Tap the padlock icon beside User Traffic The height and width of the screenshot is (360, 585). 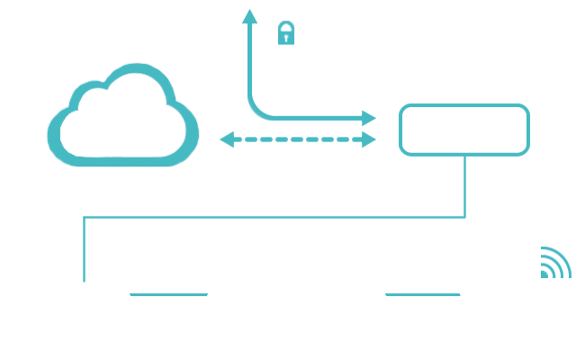[x=285, y=34]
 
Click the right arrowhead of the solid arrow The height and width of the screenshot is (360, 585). [x=369, y=118]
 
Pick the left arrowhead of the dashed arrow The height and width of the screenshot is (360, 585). [x=226, y=139]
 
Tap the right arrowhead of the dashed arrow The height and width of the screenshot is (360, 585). [x=369, y=139]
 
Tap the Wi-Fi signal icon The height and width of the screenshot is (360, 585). [x=554, y=263]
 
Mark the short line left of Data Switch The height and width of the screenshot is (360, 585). [x=168, y=294]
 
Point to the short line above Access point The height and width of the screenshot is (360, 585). [x=422, y=294]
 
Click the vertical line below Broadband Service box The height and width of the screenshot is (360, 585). [x=464, y=185]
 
